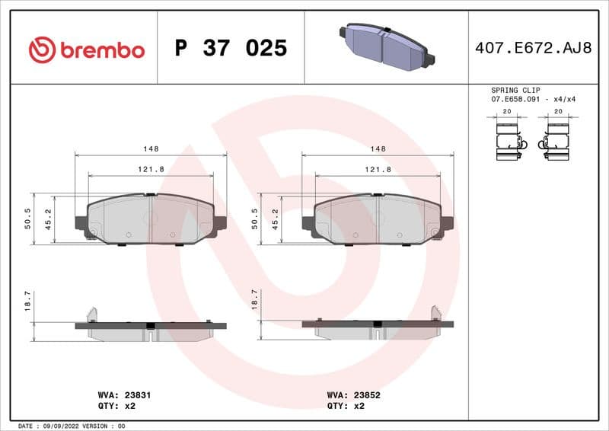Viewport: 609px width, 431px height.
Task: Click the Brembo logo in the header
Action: coord(86,49)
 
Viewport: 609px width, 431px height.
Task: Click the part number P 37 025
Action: coord(231,49)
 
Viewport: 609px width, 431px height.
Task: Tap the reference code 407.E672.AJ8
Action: coord(532,49)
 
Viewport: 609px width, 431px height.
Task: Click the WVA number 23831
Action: coord(138,395)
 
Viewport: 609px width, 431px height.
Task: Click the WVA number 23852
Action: coord(366,395)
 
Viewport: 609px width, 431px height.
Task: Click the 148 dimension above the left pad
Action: coord(151,149)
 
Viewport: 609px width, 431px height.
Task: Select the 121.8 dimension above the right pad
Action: coord(378,170)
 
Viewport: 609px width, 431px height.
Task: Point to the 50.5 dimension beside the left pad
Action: coord(28,219)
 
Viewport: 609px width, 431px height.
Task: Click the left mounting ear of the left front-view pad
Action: coord(81,223)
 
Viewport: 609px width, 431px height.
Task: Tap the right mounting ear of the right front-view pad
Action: coord(447,223)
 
